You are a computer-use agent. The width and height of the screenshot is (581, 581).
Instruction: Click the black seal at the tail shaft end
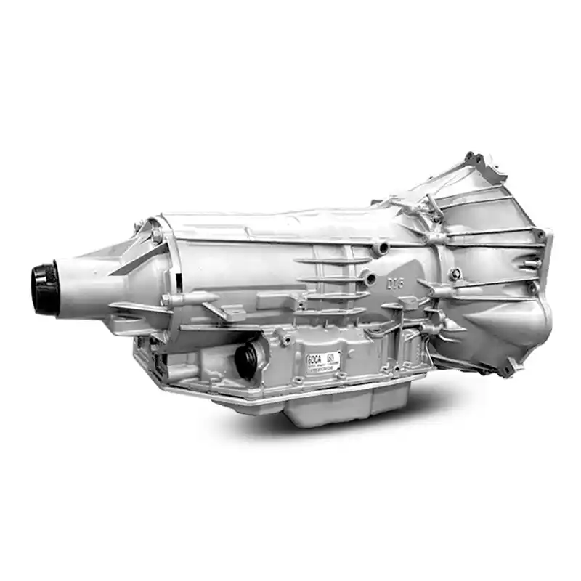click(44, 288)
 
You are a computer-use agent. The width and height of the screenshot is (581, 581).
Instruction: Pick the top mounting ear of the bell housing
click(475, 159)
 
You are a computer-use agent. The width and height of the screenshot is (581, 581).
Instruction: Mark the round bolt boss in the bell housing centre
click(455, 274)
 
